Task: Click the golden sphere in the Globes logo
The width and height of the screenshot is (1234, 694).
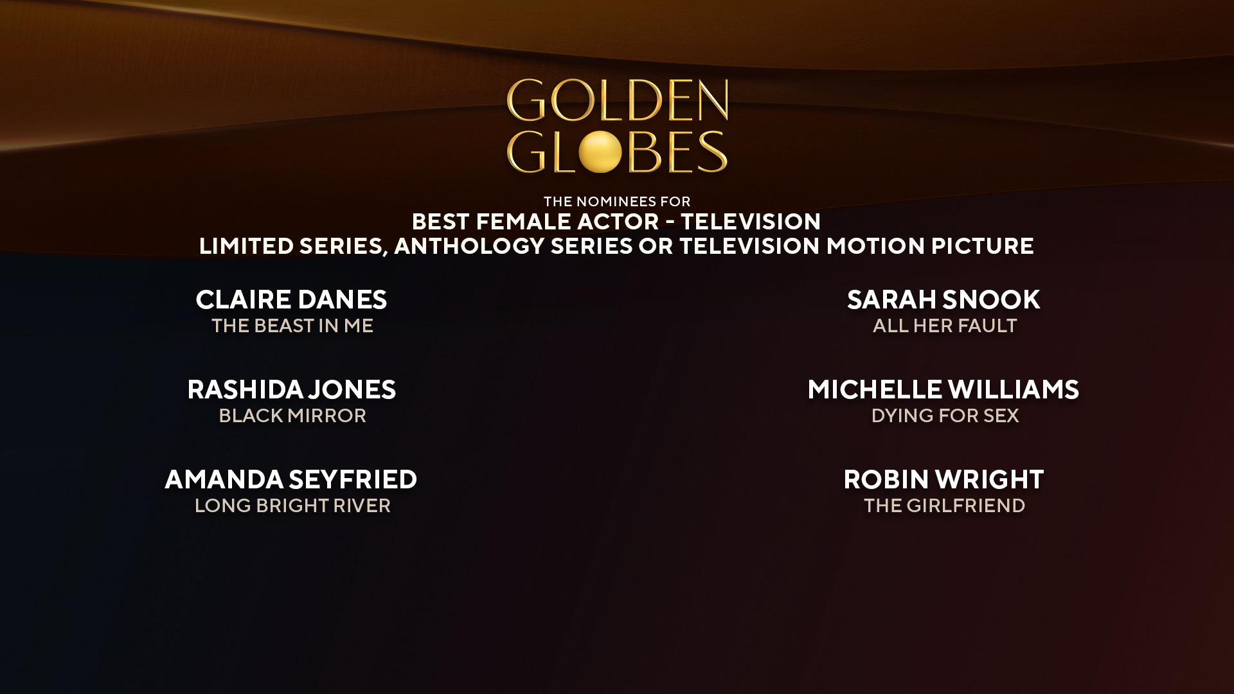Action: pyautogui.click(x=599, y=152)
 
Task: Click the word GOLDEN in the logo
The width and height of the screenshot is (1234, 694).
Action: pyautogui.click(x=617, y=101)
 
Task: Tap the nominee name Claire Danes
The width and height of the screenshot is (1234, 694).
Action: pyautogui.click(x=291, y=299)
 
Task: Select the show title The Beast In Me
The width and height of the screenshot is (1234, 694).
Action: pyautogui.click(x=292, y=326)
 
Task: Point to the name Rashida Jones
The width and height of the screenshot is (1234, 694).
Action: pyautogui.click(x=291, y=389)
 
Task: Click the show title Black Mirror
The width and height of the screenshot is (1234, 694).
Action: pyautogui.click(x=292, y=416)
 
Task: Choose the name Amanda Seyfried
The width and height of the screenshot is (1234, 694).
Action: pyautogui.click(x=291, y=479)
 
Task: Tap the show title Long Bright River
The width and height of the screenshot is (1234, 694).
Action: pyautogui.click(x=292, y=506)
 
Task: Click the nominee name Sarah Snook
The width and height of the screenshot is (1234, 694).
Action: pyautogui.click(x=943, y=299)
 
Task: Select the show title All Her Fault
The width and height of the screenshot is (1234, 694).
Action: pyautogui.click(x=945, y=326)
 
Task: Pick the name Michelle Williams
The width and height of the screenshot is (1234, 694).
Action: pyautogui.click(x=943, y=389)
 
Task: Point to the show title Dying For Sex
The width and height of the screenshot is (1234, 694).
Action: pyautogui.click(x=945, y=416)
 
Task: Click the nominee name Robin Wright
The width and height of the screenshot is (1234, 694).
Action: pyautogui.click(x=943, y=479)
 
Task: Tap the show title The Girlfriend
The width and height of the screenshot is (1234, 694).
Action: pyautogui.click(x=945, y=506)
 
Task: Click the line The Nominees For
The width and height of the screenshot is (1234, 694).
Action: pyautogui.click(x=617, y=202)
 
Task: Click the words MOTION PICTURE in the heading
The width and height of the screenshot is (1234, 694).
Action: pyautogui.click(x=930, y=246)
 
